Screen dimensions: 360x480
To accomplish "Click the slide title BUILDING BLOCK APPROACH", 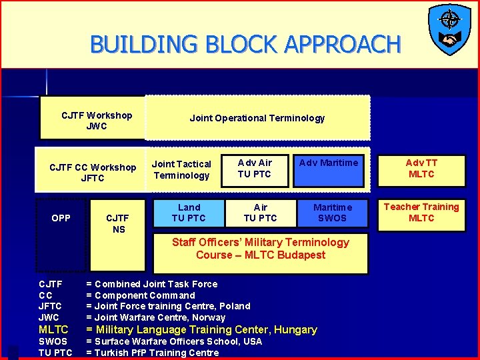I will pyautogui.click(x=245, y=45).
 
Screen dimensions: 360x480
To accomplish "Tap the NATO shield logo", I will pyautogui.click(x=449, y=29).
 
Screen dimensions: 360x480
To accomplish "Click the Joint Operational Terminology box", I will pyautogui.click(x=257, y=118).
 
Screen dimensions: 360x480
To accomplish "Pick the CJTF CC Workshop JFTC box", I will pyautogui.click(x=93, y=173).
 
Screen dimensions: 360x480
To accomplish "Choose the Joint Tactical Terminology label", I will pyautogui.click(x=181, y=169).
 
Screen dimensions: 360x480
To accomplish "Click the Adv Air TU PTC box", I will pyautogui.click(x=255, y=169).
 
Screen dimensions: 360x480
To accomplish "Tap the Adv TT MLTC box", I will pyautogui.click(x=421, y=169).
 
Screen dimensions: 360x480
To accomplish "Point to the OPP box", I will pyautogui.click(x=61, y=218).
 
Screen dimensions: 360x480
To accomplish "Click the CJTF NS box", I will pyautogui.click(x=118, y=223).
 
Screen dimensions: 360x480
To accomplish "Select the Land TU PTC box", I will pyautogui.click(x=189, y=213).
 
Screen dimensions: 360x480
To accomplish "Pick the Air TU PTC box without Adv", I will pyautogui.click(x=260, y=213).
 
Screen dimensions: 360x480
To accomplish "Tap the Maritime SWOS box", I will pyautogui.click(x=332, y=213).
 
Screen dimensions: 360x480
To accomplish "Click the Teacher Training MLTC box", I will pyautogui.click(x=421, y=213).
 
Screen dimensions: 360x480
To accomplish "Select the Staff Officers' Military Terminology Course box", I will pyautogui.click(x=261, y=249).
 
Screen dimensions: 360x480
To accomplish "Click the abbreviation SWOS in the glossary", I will pyautogui.click(x=53, y=341).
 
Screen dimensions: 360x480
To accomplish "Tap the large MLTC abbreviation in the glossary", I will pyautogui.click(x=53, y=329).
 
